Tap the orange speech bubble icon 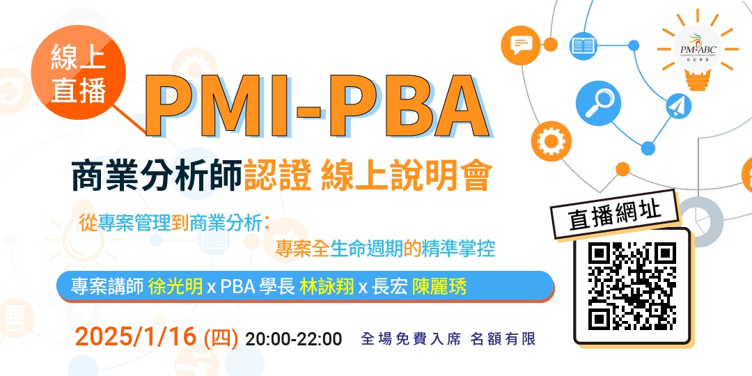(521, 45)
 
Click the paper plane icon (676, 107)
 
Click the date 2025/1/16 (138, 338)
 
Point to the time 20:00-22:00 (294, 339)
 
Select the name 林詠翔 (327, 286)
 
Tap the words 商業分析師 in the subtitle (157, 177)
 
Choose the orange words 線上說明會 (406, 177)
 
